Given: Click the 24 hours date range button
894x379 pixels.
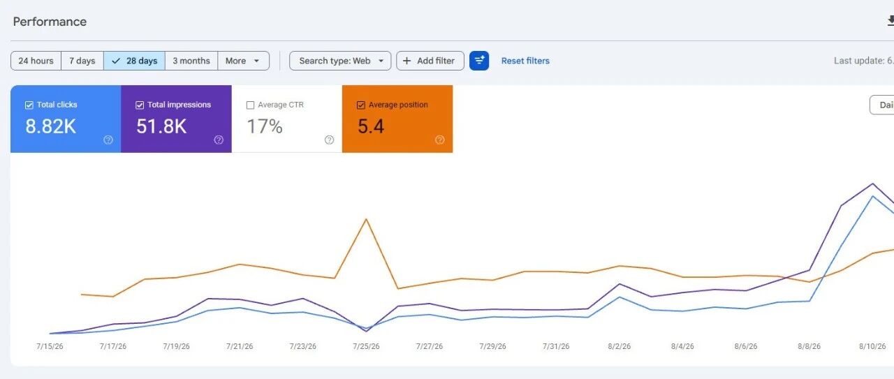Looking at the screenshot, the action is (x=36, y=61).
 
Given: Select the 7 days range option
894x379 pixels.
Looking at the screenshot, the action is (x=82, y=61).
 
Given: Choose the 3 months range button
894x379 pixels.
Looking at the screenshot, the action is (x=191, y=61).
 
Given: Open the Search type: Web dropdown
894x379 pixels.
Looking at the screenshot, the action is (x=340, y=61).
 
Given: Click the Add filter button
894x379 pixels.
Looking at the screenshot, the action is (x=430, y=61).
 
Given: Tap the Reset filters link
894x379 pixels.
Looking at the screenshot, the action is (x=525, y=61).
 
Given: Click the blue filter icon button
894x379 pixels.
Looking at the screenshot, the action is (x=479, y=61).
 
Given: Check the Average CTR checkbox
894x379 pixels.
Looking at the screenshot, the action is (x=250, y=105).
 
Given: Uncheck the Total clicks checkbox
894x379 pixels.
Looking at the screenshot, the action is (x=29, y=105).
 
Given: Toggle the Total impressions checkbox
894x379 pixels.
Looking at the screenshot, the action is (x=140, y=105).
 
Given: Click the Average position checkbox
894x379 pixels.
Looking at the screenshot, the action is (x=361, y=105).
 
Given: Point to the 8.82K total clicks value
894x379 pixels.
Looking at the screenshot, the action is (x=51, y=126).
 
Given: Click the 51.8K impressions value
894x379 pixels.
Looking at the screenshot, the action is (x=161, y=126).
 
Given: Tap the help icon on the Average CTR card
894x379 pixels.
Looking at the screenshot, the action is (x=329, y=140).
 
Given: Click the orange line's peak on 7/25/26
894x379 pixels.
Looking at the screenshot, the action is (x=366, y=219).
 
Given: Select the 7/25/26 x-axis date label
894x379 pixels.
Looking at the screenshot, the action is (x=366, y=346).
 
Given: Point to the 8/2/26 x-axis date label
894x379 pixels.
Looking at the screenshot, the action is (x=620, y=346).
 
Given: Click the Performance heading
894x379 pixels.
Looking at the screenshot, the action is (x=50, y=22).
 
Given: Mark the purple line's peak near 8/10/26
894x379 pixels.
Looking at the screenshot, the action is (x=872, y=184).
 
